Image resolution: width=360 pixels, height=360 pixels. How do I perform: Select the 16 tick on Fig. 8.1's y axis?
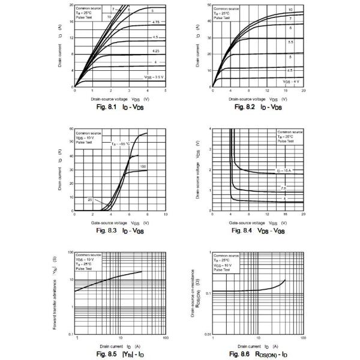click(71, 21)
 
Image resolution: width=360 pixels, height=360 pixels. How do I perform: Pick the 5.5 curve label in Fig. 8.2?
click(290, 42)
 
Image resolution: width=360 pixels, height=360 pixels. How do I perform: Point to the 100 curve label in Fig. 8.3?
click(143, 166)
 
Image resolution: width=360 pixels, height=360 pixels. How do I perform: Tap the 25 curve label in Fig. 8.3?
click(89, 199)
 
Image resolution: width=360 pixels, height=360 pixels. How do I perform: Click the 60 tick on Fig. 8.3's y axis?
click(71, 129)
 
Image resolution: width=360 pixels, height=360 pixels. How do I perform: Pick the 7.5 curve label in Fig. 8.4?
click(284, 188)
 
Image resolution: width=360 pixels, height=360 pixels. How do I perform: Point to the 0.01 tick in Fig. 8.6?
click(205, 334)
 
